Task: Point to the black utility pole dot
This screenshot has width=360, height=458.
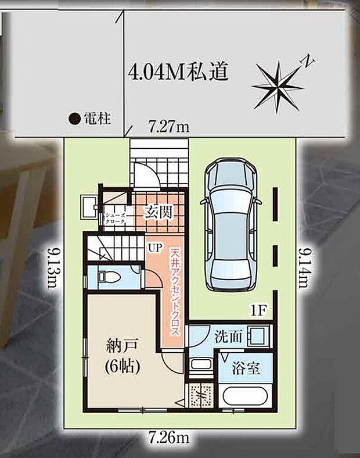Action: tap(74, 119)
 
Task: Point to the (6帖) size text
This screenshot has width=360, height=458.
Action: tap(121, 367)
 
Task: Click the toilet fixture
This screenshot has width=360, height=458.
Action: tap(107, 276)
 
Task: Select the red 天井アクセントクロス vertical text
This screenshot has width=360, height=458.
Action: tap(175, 291)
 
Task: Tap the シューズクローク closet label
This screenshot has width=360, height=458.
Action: tap(114, 218)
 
